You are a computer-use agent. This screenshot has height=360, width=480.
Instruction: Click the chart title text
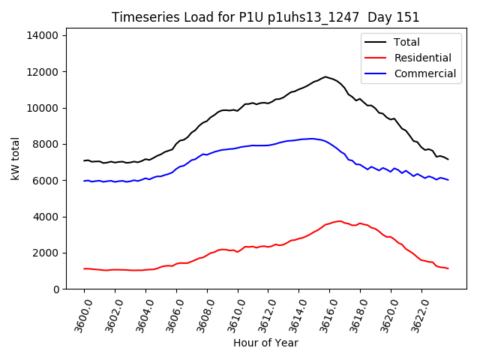[265, 17]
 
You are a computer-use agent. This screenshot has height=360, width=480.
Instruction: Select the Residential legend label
[422, 58]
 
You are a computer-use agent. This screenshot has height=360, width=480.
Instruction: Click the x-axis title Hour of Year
[265, 343]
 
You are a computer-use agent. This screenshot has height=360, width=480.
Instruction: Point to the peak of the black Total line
[325, 76]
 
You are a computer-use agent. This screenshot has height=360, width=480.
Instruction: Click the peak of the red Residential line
[340, 221]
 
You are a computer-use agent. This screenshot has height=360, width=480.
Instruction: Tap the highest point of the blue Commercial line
[311, 138]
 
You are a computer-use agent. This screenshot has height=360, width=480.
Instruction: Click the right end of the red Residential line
[448, 268]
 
